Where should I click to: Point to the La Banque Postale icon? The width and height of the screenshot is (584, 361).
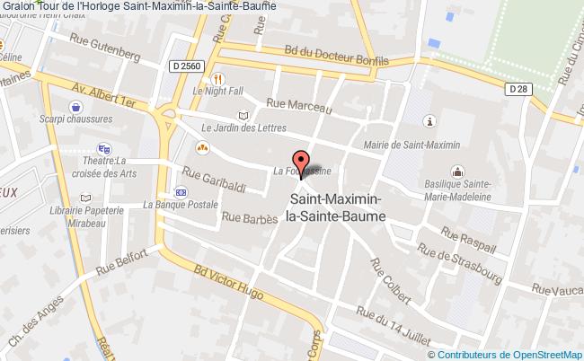pyautogui.click(x=181, y=191)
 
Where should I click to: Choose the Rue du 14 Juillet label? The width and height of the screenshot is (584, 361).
pyautogui.click(x=394, y=326)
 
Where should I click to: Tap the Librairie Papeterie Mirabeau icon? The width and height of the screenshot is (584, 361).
pyautogui.click(x=85, y=198)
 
